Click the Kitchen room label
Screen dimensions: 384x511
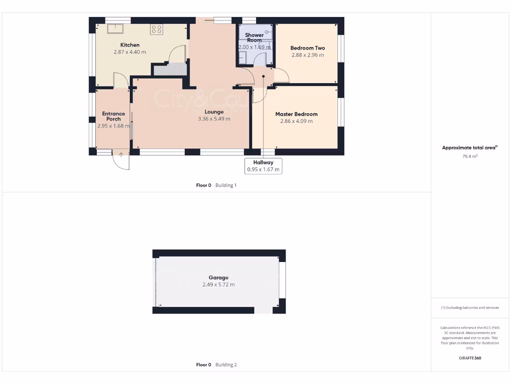pos(130,45)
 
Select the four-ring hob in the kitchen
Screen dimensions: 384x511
pos(157,29)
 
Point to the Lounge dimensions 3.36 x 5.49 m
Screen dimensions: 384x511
pos(214,119)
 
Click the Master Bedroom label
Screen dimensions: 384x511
pos(296,114)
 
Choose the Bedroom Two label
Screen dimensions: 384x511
pos(307,48)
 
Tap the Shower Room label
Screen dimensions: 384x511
pos(255,37)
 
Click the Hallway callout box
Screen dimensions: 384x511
pos(263,166)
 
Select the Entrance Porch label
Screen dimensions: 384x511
pos(113,116)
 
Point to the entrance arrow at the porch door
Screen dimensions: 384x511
pos(121,155)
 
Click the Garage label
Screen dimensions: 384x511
pos(219,277)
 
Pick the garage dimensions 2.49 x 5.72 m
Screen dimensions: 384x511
pos(219,284)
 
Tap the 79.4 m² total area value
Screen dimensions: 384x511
pos(470,156)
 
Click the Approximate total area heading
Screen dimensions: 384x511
pos(470,147)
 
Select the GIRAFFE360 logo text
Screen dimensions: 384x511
pos(470,358)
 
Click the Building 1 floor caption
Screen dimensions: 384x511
pos(216,185)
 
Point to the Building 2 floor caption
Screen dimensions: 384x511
pos(216,365)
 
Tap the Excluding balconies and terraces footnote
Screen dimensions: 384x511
pos(470,307)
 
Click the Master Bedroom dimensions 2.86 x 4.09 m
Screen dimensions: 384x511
pos(296,121)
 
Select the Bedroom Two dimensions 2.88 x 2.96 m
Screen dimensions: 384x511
pos(307,55)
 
